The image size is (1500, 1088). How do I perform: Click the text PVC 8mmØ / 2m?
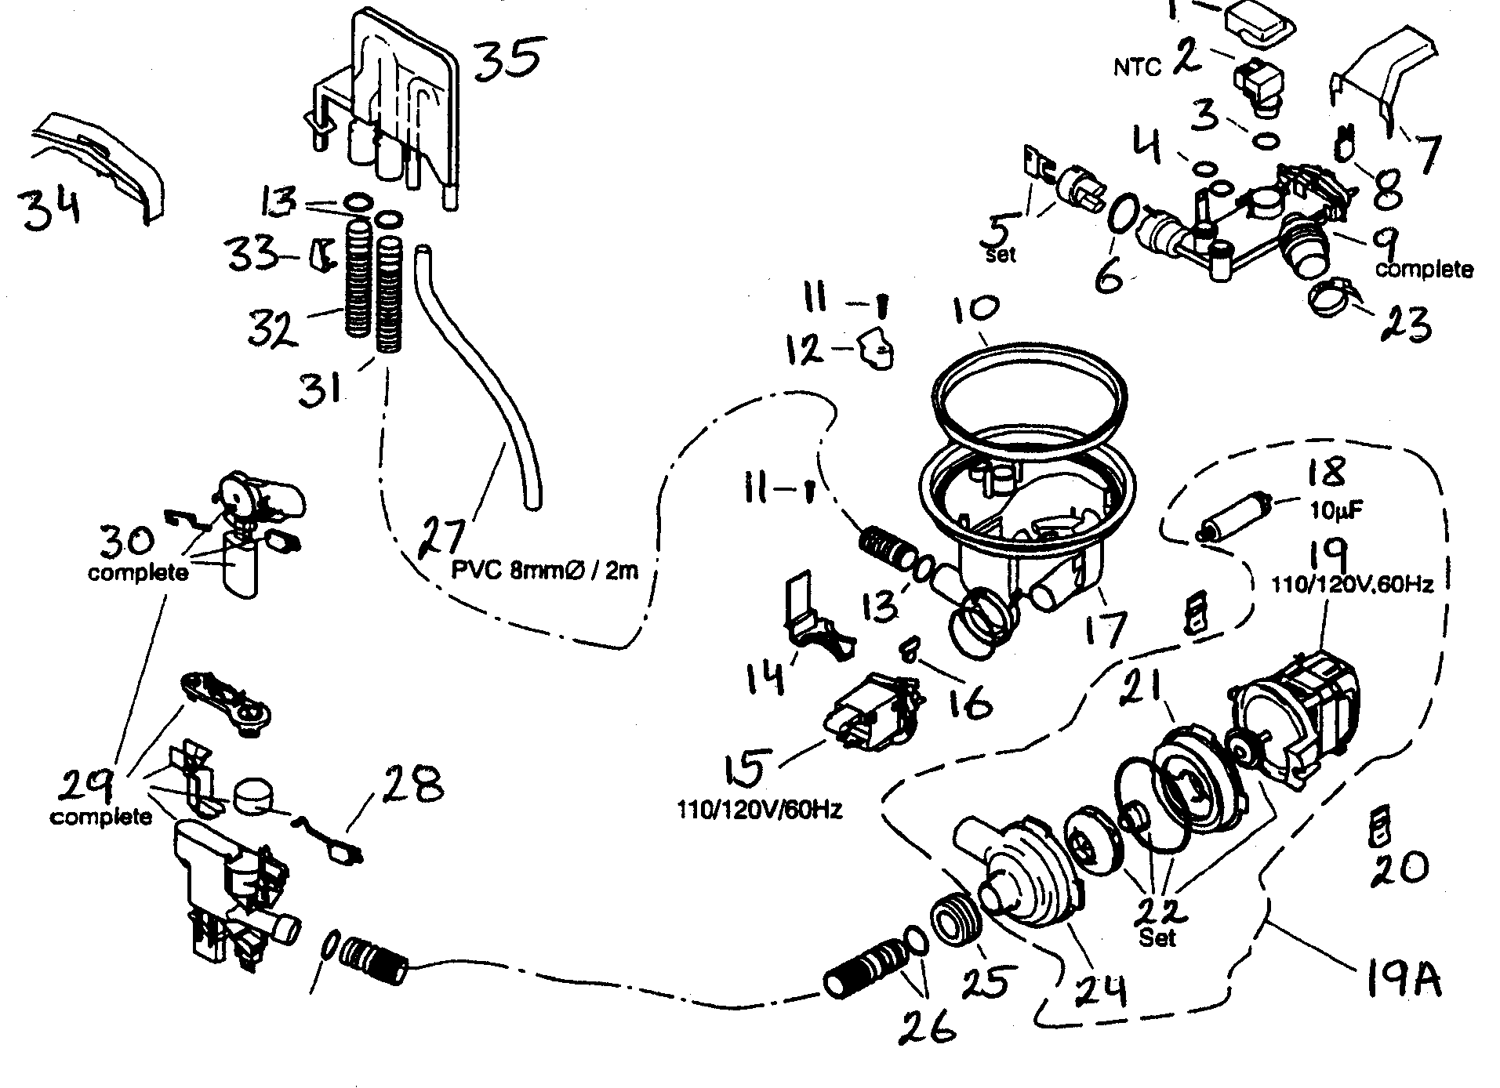pyautogui.click(x=545, y=570)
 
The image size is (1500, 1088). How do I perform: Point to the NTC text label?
pyautogui.click(x=1136, y=68)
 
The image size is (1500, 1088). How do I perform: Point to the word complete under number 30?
pyautogui.click(x=137, y=572)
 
